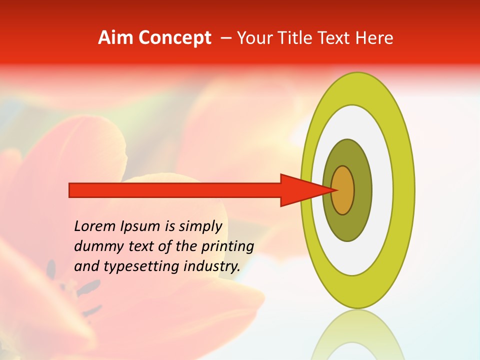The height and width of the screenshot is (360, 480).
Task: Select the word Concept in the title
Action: click(175, 38)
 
